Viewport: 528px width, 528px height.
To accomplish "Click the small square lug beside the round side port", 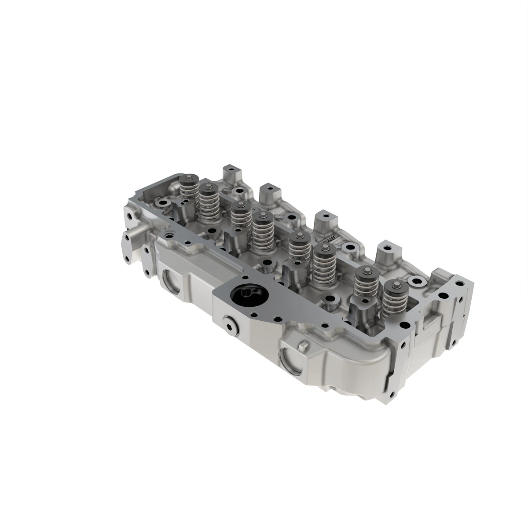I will [302, 346].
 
